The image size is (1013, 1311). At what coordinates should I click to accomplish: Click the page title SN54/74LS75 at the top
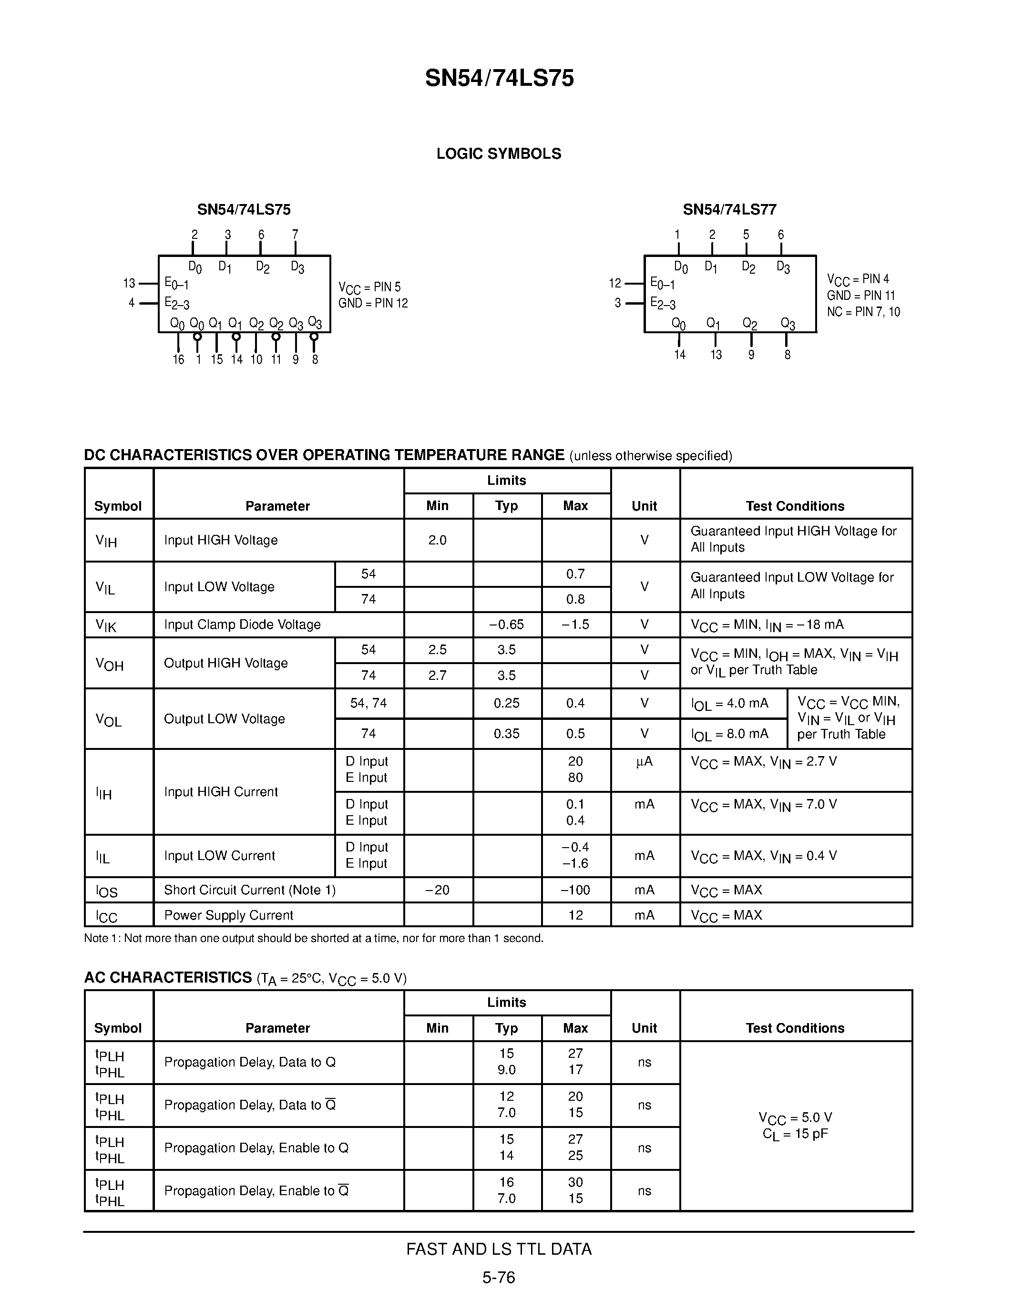point(499,79)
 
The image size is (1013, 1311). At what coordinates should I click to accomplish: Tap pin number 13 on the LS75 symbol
point(129,283)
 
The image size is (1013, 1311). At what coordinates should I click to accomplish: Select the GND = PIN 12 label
point(373,303)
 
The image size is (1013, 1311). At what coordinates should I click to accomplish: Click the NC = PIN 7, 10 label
point(863,312)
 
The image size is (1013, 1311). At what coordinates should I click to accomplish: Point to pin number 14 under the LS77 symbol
point(679,355)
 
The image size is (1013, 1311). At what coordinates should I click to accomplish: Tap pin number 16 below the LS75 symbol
point(178,359)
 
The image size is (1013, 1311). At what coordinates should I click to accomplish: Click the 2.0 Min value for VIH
point(438,540)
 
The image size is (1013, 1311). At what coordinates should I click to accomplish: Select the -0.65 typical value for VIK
point(506,625)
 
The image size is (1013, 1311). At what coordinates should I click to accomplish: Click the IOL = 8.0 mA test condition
point(730,734)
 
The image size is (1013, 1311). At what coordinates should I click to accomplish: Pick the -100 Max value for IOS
point(575,890)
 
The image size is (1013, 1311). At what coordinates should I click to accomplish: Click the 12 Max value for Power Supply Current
point(575,915)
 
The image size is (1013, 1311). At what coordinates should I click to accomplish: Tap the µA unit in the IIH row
point(644,761)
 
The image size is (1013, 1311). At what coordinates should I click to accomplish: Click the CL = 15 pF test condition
point(795,1134)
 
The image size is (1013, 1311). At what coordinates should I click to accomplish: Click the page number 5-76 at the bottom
point(499,1277)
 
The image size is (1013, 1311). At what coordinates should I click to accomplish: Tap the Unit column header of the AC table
point(644,1028)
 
